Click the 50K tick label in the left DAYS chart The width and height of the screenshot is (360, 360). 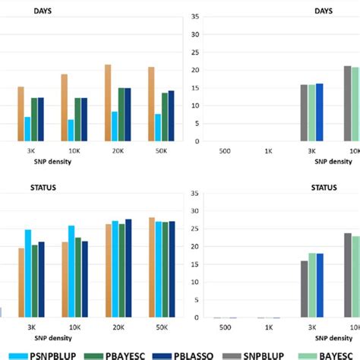click(x=161, y=150)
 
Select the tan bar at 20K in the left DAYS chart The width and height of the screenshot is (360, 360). click(x=108, y=103)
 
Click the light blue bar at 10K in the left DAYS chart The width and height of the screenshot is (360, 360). click(x=71, y=130)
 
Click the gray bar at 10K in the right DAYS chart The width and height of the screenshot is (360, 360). click(x=347, y=103)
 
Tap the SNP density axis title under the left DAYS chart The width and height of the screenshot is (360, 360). click(x=96, y=159)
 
